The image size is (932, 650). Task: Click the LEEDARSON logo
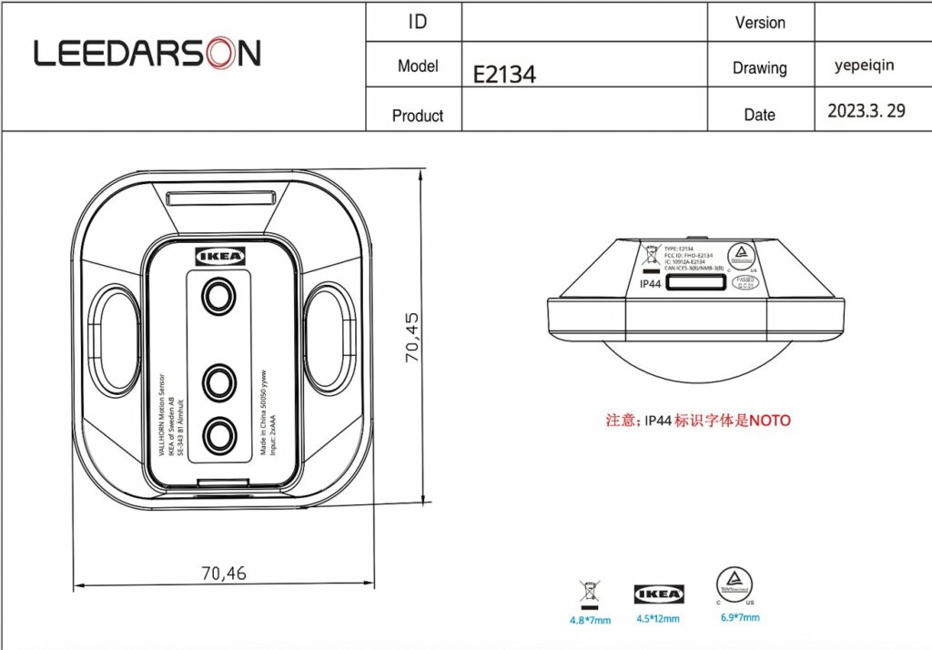tap(147, 54)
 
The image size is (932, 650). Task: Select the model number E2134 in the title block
tap(504, 74)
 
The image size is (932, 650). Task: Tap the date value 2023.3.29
tap(866, 111)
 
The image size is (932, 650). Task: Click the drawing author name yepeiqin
tap(864, 66)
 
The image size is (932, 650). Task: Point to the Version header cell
tap(760, 23)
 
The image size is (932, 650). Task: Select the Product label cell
tap(417, 116)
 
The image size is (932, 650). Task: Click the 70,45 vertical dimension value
tap(412, 338)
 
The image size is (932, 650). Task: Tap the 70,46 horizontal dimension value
tap(223, 573)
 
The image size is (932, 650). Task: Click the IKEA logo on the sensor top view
tap(221, 256)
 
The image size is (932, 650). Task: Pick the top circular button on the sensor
tap(218, 297)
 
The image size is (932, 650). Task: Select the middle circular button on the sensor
tap(219, 382)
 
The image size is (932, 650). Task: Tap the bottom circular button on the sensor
tap(219, 435)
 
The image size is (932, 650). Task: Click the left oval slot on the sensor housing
tap(115, 338)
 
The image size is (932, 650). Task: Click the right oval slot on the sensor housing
tap(329, 338)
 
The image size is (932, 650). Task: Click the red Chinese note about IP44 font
tap(698, 421)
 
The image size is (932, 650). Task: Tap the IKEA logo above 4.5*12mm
tap(659, 594)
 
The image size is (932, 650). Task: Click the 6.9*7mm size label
tap(740, 617)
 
